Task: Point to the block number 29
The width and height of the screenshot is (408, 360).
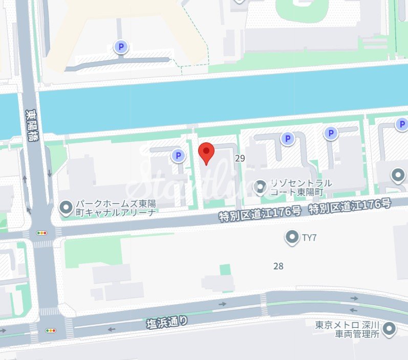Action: [x=240, y=159]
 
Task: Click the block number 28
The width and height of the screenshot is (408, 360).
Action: [x=278, y=266]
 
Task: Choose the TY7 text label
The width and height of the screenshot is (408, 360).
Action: [x=309, y=237]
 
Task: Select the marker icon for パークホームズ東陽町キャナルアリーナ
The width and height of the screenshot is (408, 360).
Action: [x=66, y=207]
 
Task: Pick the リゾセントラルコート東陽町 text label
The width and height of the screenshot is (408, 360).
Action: [x=300, y=187]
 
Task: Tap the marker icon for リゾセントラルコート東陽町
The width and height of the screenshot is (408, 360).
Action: [x=262, y=187]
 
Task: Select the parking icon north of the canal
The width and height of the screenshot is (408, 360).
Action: [x=121, y=48]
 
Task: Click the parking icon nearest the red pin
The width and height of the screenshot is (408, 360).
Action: [x=178, y=155]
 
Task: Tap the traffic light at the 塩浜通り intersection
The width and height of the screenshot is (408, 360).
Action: [x=51, y=331]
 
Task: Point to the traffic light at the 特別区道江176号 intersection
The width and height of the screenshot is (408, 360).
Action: [x=41, y=232]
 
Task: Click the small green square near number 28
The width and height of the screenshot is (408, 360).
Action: [x=225, y=269]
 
